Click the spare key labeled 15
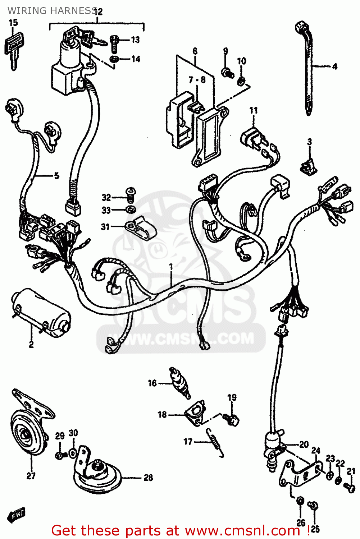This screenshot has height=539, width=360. (14, 49)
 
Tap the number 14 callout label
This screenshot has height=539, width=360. (136, 59)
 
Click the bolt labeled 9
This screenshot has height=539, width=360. (227, 73)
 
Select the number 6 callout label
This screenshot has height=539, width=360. (195, 51)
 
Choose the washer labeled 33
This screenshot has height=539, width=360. (130, 209)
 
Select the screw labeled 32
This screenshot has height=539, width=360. (130, 194)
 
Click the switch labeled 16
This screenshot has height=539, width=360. (180, 383)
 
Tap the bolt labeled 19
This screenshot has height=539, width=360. (232, 418)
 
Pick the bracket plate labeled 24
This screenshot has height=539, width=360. (299, 473)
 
